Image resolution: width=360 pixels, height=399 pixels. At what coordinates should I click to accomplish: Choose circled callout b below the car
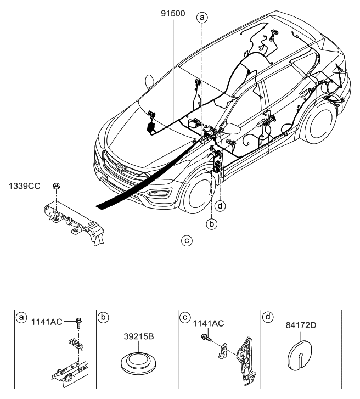tap(212, 223)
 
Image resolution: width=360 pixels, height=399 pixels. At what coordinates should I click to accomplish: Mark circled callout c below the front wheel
tap(187, 239)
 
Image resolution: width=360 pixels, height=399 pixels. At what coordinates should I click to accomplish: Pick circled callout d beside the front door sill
tap(220, 206)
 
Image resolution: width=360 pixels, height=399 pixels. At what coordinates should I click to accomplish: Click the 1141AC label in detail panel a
tap(48, 322)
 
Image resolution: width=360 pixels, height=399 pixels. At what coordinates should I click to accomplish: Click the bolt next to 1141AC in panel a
tap(80, 323)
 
